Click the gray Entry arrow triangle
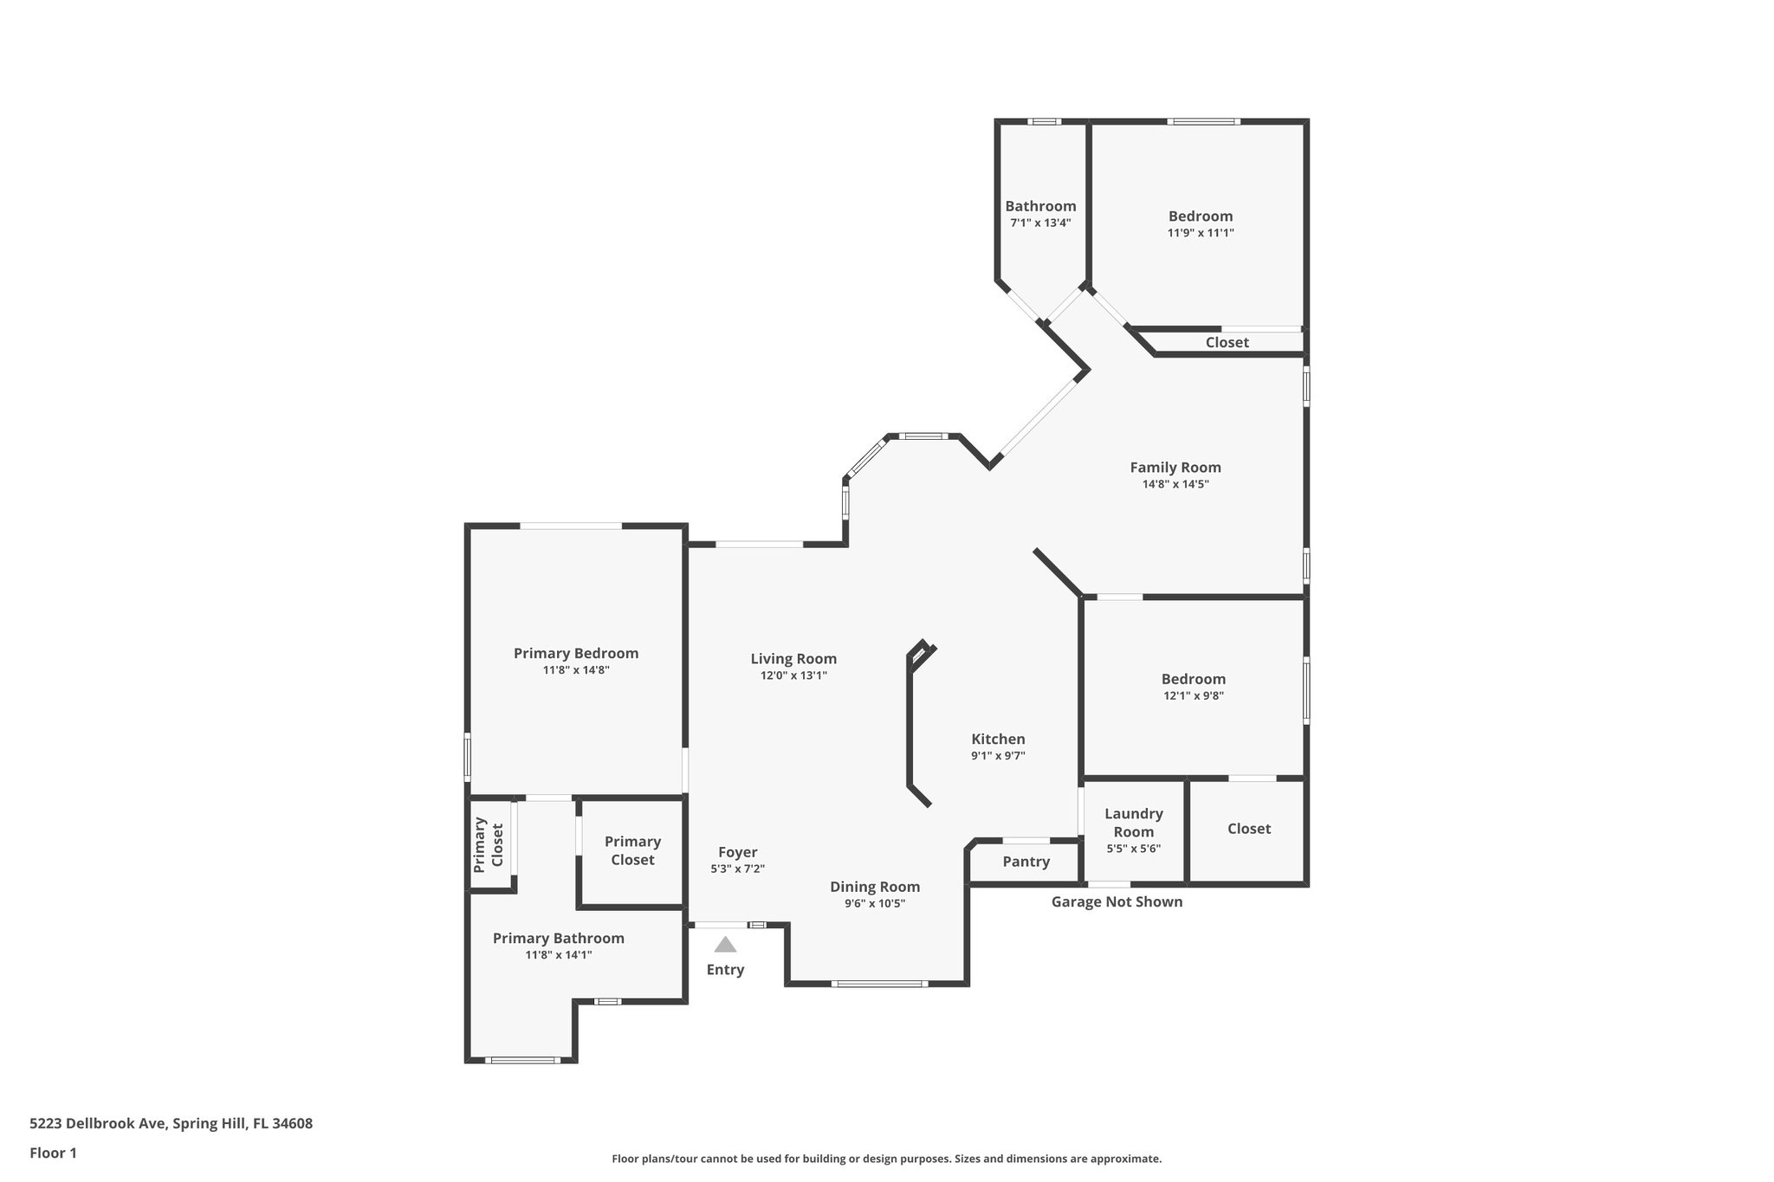point(725,945)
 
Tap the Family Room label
point(1175,468)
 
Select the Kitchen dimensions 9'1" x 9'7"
point(998,756)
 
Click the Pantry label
point(1026,862)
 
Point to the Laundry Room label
point(1133,823)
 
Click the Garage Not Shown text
point(1116,901)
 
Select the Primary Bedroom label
point(576,654)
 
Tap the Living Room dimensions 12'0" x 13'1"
point(793,675)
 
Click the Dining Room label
point(875,887)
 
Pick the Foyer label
point(737,852)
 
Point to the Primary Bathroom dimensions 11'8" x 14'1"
point(559,955)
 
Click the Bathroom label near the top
point(1040,206)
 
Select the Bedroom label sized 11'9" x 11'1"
point(1200,216)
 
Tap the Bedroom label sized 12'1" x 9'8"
point(1193,679)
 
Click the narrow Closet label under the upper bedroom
point(1227,342)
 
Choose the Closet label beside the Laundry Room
point(1248,829)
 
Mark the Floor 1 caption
point(53,1153)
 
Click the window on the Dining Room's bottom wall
point(879,984)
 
